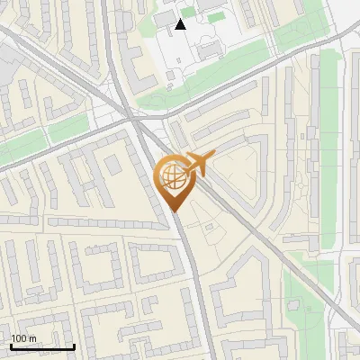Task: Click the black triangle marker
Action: (180, 24)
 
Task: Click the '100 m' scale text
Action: (23, 338)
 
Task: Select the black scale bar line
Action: (42, 346)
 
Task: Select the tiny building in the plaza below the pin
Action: (209, 227)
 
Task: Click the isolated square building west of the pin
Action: (112, 165)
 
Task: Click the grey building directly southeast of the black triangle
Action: (209, 45)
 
